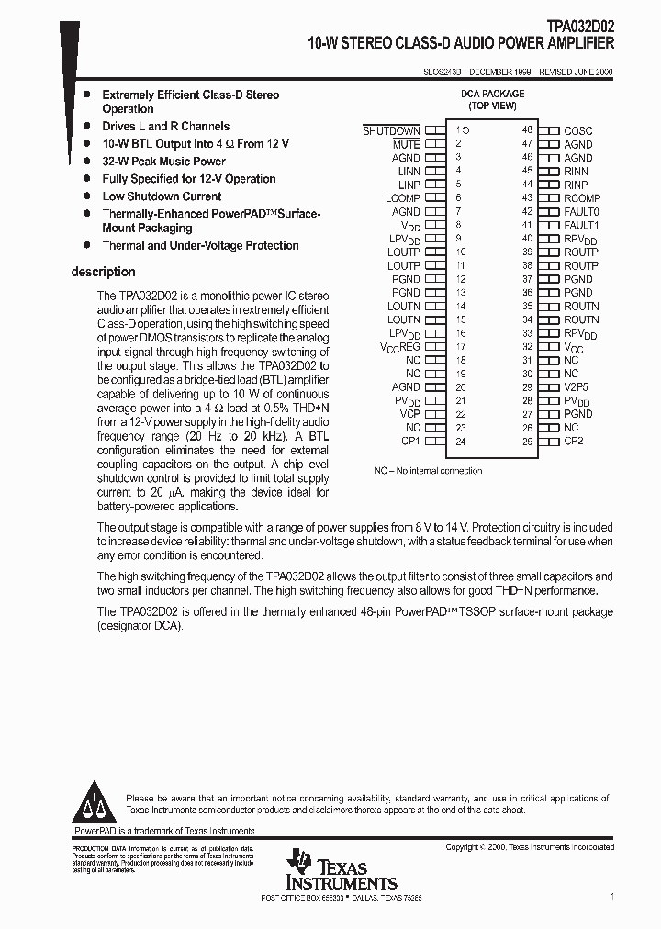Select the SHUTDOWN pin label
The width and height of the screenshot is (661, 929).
pos(391,131)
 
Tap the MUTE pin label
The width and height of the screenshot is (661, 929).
pos(406,144)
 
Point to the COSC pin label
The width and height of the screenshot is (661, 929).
pos(578,131)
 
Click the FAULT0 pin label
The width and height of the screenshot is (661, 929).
pos(581,211)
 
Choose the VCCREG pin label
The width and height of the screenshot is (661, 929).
pos(399,347)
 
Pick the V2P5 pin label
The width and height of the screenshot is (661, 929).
pos(577,387)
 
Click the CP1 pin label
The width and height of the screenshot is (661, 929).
pos(410,441)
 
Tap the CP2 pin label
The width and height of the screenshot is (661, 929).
pos(573,441)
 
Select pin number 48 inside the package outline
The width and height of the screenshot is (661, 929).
pos(527,131)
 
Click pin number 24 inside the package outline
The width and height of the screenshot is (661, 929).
pos(460,442)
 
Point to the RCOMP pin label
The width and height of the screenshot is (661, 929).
pos(582,198)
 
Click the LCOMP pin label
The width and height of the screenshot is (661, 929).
pos(402,198)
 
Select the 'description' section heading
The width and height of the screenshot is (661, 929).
pos(103,272)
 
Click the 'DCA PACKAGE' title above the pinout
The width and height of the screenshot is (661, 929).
pos(492,94)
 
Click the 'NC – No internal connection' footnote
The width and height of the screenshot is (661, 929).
pos(428,471)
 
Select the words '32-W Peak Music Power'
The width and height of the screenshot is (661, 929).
pos(163,162)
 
